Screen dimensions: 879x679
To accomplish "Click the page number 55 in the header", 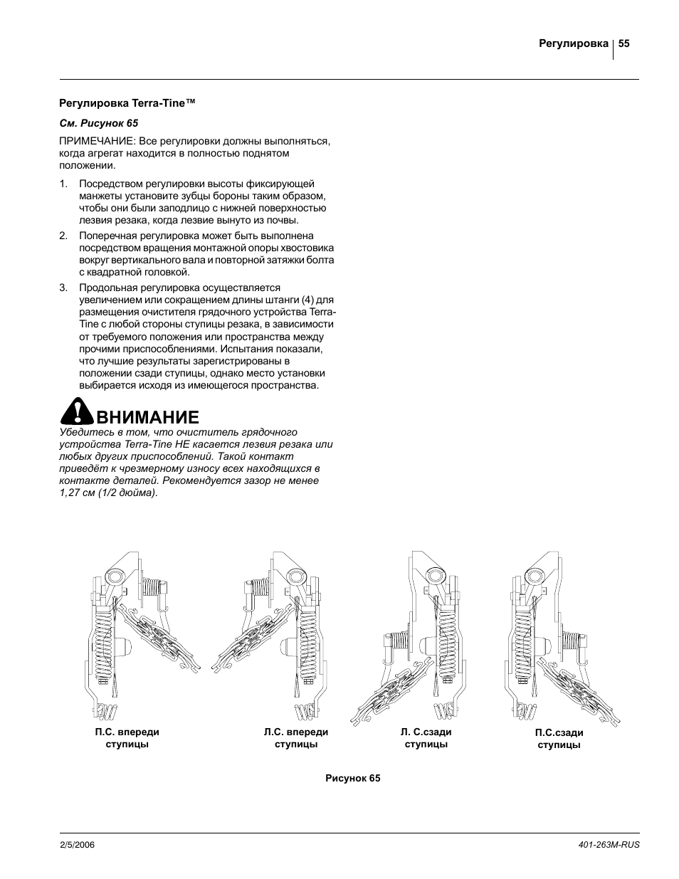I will point(624,43).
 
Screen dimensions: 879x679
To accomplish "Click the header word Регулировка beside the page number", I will point(574,44).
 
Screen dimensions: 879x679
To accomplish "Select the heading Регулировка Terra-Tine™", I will point(127,104).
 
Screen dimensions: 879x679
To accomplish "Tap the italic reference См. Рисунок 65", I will point(98,122).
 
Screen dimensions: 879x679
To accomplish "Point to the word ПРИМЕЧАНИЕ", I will point(97,141).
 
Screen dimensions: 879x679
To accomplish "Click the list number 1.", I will point(63,184).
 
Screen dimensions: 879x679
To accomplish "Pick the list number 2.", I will point(63,236).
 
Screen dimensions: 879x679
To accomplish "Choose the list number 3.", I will point(63,288).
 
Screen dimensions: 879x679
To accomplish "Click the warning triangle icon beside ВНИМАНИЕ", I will point(75,412).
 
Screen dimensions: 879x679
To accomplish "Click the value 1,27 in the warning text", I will point(70,493).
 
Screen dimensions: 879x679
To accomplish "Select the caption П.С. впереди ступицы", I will point(127,738).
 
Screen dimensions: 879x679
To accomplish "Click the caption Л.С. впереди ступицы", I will point(295,738).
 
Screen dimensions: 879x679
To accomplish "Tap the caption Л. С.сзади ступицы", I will point(426,738).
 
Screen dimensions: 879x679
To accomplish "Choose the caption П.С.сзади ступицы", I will point(559,739).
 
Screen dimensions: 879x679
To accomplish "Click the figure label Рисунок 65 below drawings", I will point(353,778).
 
